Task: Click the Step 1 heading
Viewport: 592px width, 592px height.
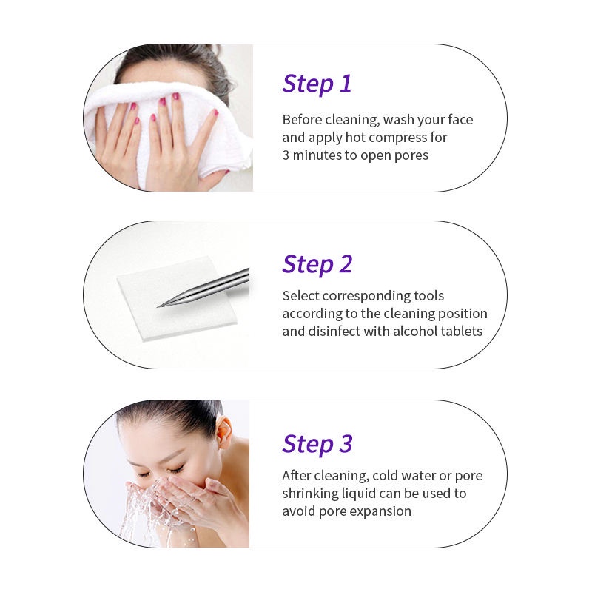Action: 317,84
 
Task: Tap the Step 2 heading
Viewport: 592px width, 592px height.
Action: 317,265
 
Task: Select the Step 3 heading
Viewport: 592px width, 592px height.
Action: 317,445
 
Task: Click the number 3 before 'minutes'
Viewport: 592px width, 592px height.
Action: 286,155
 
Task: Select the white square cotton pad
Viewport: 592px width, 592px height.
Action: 178,298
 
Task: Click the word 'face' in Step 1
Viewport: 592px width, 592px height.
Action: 460,120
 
